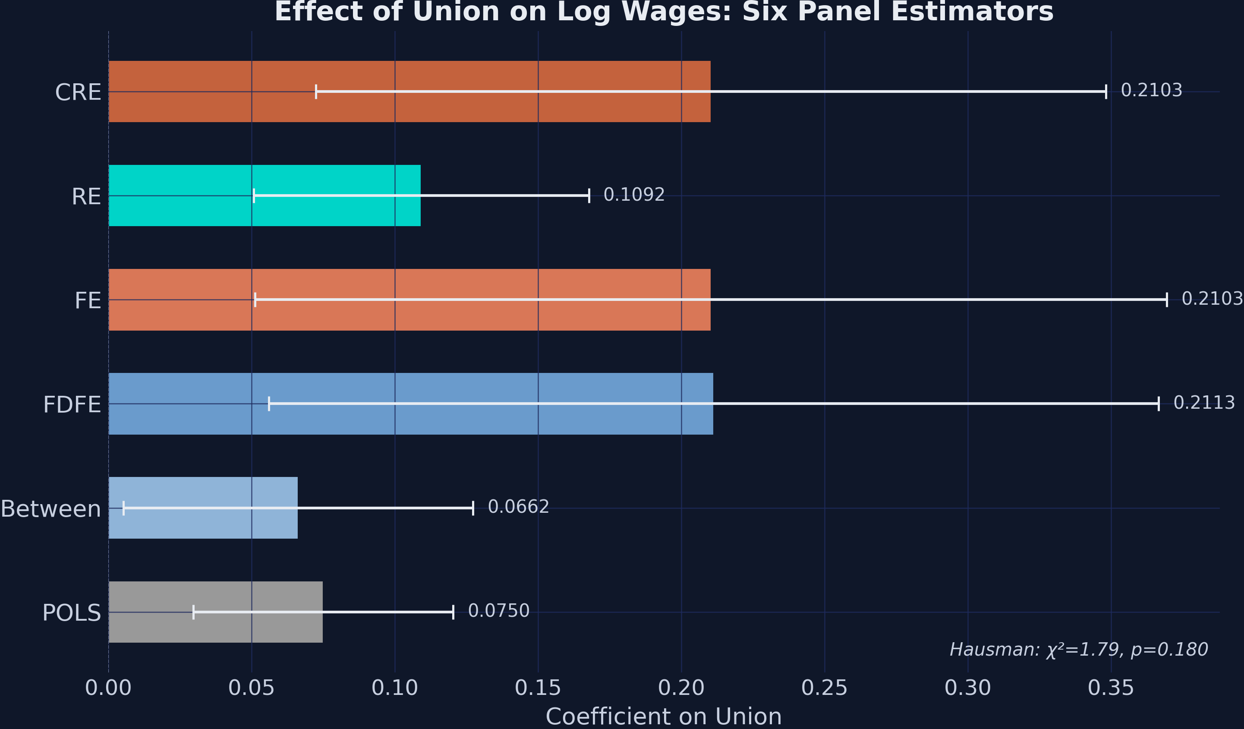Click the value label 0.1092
(x=634, y=195)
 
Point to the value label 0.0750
(x=498, y=611)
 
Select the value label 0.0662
(x=518, y=507)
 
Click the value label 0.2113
(x=1204, y=403)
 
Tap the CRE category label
(x=78, y=93)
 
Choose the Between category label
(x=50, y=509)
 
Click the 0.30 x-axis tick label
(x=967, y=688)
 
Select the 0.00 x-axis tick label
(x=108, y=688)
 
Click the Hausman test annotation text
(x=1079, y=650)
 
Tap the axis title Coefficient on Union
(x=664, y=716)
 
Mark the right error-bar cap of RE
(x=589, y=196)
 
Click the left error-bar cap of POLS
(x=193, y=612)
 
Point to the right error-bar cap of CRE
(x=1106, y=92)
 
